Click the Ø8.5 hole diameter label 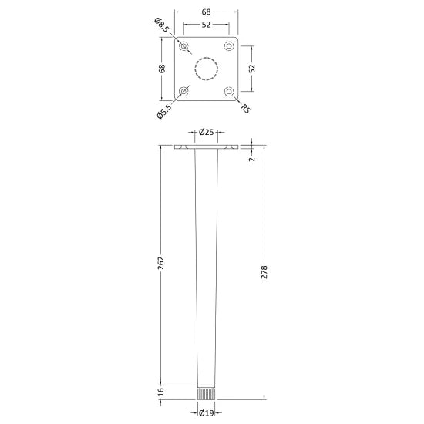(162, 25)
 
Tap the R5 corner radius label (246, 109)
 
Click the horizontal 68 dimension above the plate (206, 12)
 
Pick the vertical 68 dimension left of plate (162, 69)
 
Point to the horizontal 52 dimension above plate (206, 25)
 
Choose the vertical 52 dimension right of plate (252, 69)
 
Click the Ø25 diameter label (206, 132)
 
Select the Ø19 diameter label (206, 413)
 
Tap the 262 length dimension (161, 263)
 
